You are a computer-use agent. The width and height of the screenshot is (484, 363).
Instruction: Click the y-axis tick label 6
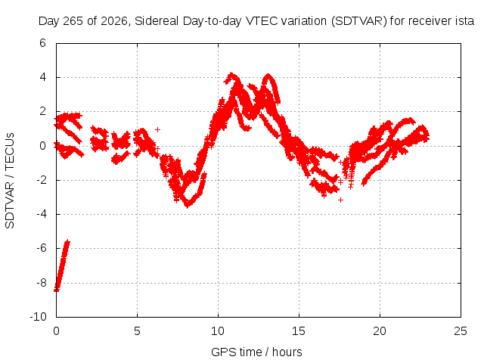click(42, 43)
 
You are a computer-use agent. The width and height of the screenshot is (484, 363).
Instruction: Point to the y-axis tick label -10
click(38, 317)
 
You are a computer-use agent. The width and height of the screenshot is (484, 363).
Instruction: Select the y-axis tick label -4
click(41, 214)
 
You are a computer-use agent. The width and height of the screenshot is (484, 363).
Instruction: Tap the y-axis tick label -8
click(41, 283)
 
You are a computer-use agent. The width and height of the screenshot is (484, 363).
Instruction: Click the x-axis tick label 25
click(461, 331)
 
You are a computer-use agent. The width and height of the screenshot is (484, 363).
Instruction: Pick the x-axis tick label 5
click(137, 331)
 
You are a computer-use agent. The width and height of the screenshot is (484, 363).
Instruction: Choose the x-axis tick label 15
click(299, 331)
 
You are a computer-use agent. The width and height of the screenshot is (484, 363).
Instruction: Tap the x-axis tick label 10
click(218, 331)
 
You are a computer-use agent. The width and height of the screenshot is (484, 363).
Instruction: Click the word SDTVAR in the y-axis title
click(10, 205)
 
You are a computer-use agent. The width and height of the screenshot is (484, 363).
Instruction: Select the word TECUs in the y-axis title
click(10, 150)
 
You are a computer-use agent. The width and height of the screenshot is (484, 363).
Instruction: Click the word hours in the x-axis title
click(287, 352)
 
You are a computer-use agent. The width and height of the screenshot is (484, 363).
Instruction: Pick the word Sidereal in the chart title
click(157, 21)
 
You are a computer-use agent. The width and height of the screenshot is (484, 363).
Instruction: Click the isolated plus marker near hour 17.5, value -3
click(340, 200)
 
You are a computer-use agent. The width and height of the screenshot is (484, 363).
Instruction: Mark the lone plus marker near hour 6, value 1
click(158, 129)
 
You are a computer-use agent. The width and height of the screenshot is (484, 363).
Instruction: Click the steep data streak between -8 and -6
click(62, 265)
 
